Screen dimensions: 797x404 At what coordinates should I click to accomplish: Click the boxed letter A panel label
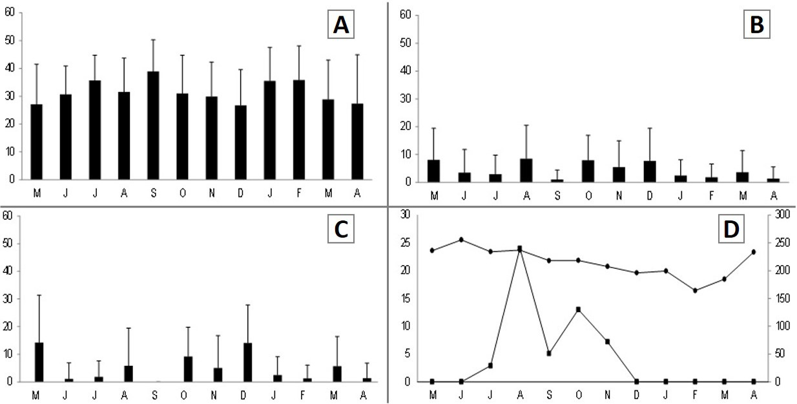tap(341, 25)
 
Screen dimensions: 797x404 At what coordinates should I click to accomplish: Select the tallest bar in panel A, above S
tap(153, 125)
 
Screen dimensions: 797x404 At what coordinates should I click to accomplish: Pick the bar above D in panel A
tap(241, 142)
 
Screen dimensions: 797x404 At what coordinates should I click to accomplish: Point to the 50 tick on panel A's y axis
tap(10, 40)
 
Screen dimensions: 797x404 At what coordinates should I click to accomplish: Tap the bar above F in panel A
tap(299, 129)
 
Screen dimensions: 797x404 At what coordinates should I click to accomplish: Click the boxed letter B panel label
tap(757, 25)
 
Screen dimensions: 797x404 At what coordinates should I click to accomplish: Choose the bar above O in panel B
tap(588, 171)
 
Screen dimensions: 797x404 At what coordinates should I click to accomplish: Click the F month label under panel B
tap(712, 195)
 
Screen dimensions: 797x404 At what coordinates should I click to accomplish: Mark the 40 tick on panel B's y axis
tap(406, 70)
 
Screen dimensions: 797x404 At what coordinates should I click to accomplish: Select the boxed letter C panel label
tap(341, 229)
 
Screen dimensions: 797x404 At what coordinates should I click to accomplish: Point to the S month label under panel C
tap(154, 395)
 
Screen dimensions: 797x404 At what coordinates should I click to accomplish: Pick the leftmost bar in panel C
tap(39, 362)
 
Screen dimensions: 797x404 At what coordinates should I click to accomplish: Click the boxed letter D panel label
tap(732, 229)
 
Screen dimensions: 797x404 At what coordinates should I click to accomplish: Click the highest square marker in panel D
tap(520, 248)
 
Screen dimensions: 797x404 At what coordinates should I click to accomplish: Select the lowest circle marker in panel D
tap(695, 290)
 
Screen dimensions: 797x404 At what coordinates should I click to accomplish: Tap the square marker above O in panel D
tap(578, 310)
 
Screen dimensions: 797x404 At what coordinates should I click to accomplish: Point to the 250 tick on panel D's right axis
tap(782, 242)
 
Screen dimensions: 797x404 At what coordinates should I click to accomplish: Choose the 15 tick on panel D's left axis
tap(406, 298)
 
